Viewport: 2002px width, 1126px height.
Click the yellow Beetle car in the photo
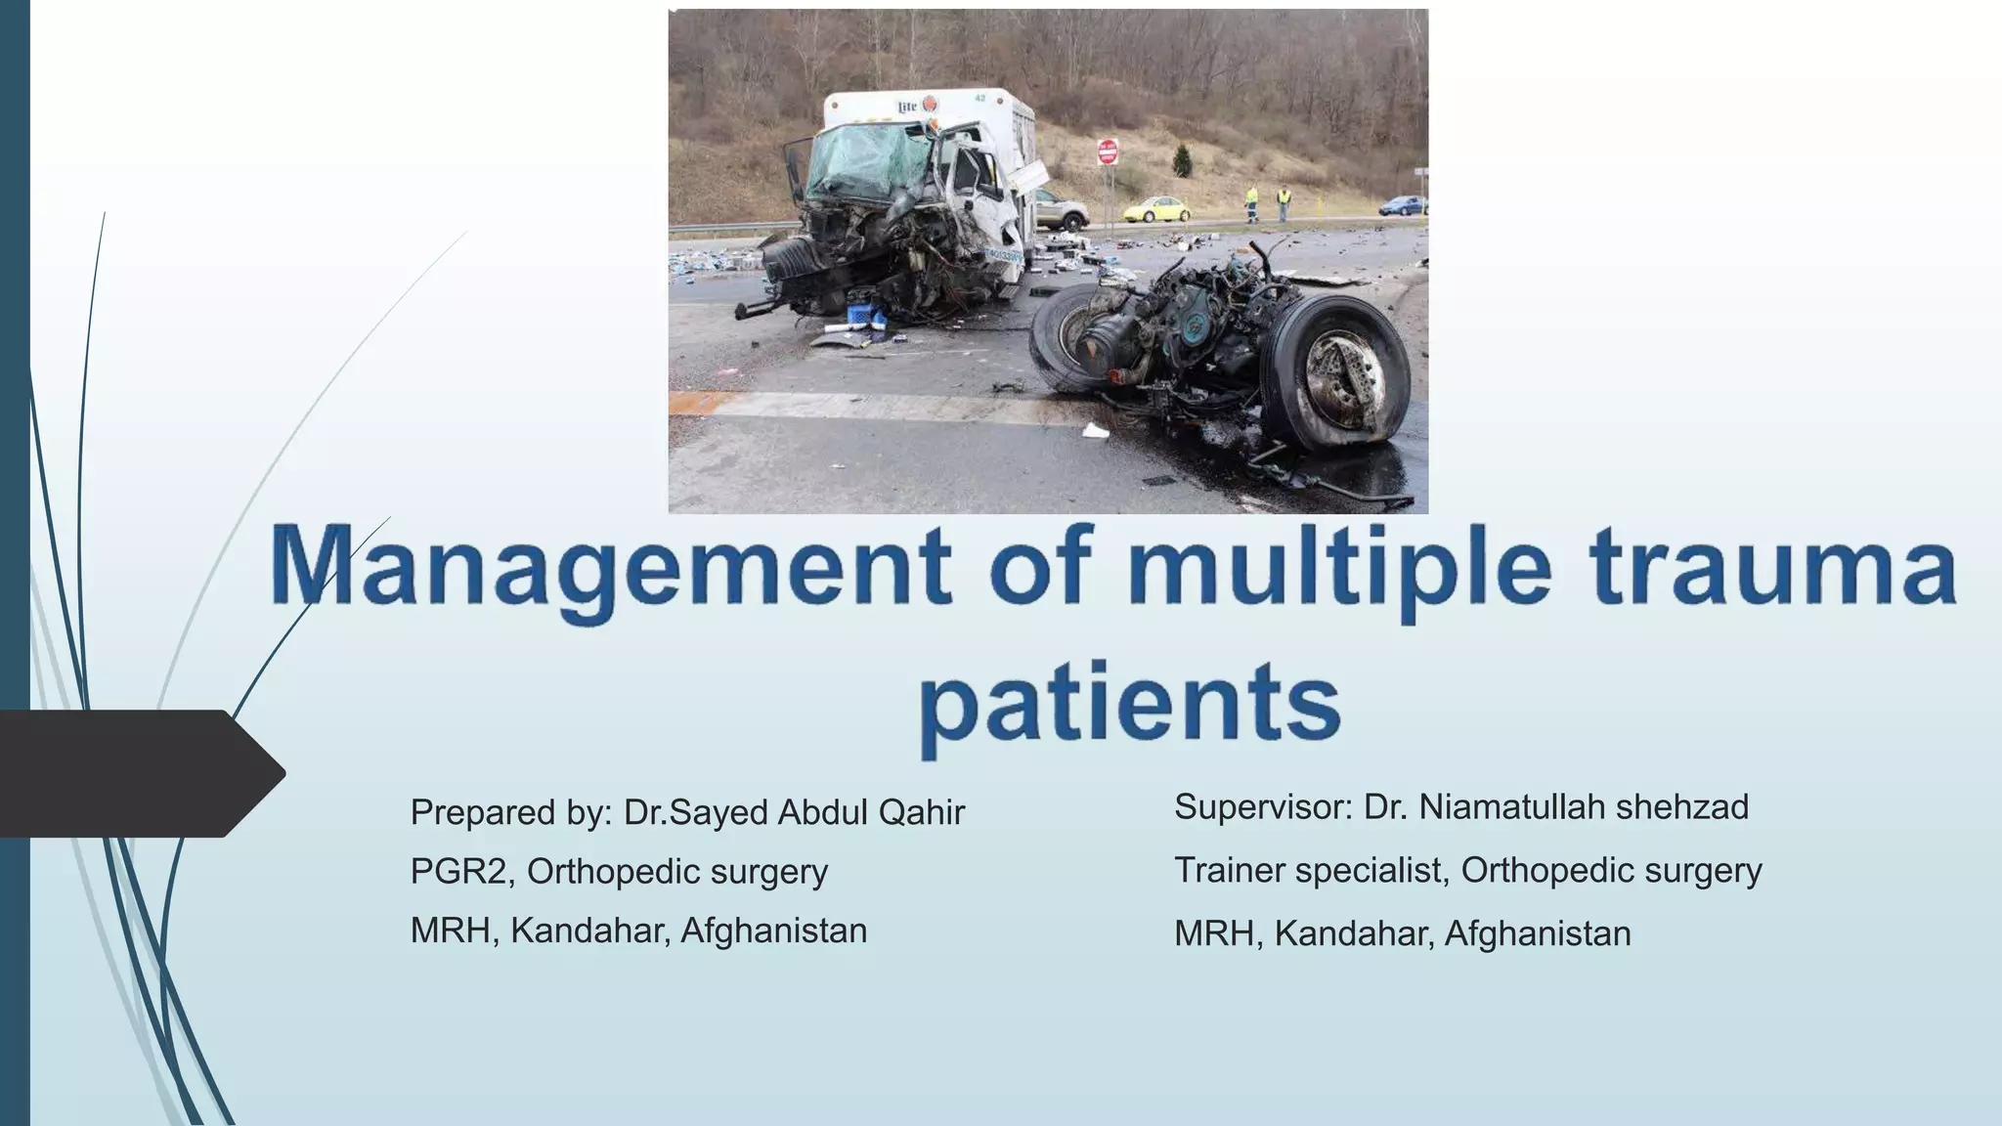pyautogui.click(x=1157, y=208)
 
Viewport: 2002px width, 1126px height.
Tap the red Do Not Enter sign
pyautogui.click(x=1107, y=152)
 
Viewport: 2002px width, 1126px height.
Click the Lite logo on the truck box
pyautogui.click(x=907, y=106)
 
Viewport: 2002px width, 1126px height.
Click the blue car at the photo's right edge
pyautogui.click(x=1404, y=205)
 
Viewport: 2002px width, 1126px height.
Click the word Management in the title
pyautogui.click(x=612, y=568)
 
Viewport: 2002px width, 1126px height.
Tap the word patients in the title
pyautogui.click(x=1130, y=702)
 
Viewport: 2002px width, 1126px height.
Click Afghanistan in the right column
pyautogui.click(x=1537, y=933)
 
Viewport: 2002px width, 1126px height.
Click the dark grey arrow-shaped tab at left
pyautogui.click(x=137, y=773)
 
